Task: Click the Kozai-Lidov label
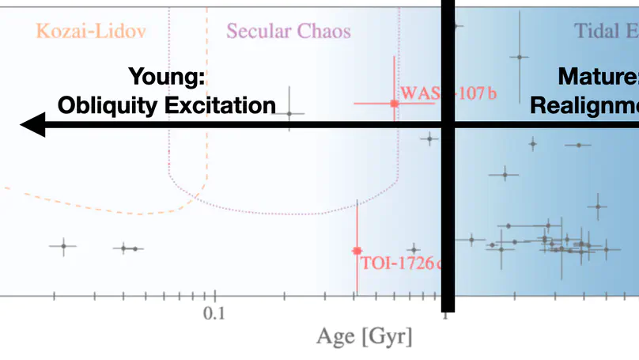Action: [91, 32]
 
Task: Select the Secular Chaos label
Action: [288, 32]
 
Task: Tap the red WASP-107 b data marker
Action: [394, 104]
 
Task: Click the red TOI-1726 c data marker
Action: [357, 251]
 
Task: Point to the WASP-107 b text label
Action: [448, 93]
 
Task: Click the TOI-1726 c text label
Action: [399, 263]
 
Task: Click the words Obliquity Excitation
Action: [167, 105]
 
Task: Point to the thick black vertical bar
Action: [448, 198]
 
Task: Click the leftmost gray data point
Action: [64, 246]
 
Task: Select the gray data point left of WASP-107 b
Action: [289, 114]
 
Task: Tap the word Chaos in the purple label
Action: [324, 32]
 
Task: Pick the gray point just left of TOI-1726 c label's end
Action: [414, 250]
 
